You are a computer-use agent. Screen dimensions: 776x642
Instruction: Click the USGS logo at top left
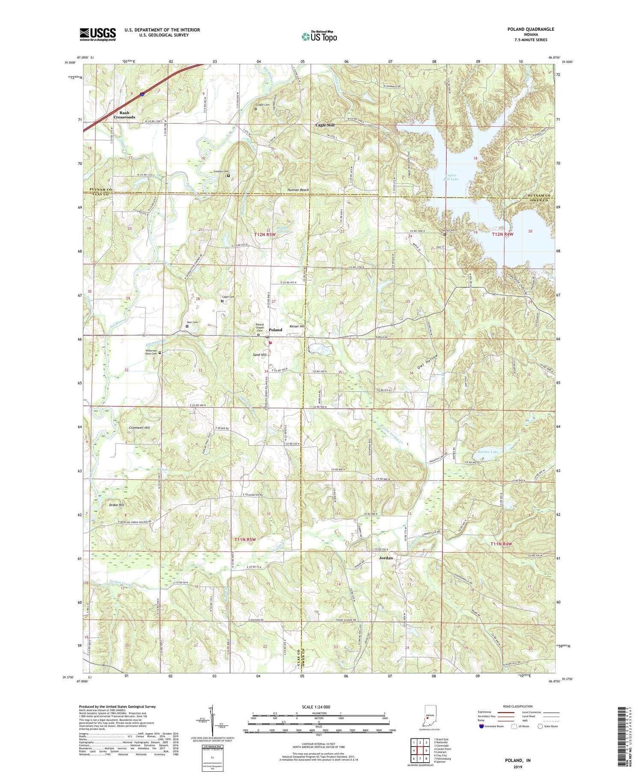tap(98, 34)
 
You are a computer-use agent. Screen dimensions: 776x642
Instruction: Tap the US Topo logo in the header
tap(319, 36)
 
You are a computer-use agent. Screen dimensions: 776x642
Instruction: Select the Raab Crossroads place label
tap(124, 115)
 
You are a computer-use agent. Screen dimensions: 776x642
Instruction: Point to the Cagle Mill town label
tap(325, 125)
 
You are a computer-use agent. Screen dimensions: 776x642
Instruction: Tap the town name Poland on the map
tap(276, 330)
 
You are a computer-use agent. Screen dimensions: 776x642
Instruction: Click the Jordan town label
tap(386, 558)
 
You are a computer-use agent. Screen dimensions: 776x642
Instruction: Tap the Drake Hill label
tap(116, 505)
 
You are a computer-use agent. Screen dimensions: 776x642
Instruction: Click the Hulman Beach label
tap(298, 190)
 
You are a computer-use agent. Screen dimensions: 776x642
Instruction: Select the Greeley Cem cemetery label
tap(221, 172)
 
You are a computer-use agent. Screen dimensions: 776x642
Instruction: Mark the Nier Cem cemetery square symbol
tap(187, 327)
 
